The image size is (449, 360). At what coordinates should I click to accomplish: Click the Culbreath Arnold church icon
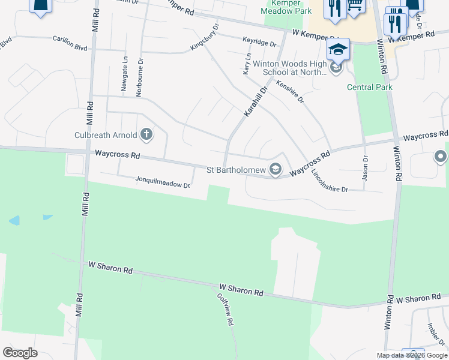146,133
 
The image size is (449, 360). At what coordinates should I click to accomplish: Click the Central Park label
370,87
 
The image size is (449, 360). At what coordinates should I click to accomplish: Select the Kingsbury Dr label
205,37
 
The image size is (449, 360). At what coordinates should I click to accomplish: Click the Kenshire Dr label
290,91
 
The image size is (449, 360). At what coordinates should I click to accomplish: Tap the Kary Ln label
246,63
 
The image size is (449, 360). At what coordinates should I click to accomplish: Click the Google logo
20,353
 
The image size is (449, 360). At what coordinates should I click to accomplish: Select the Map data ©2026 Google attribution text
412,355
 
